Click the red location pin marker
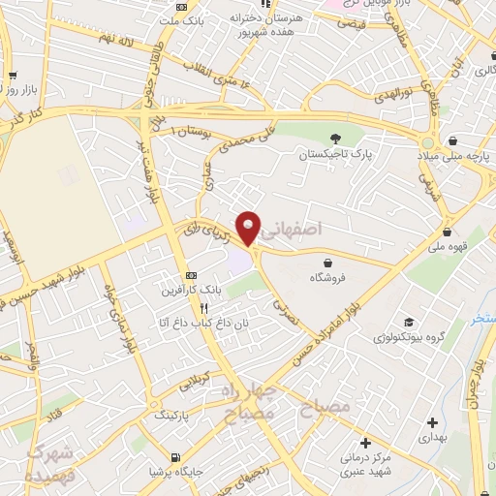tap(249, 227)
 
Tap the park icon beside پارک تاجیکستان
tap(335, 138)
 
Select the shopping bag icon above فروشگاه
tap(328, 263)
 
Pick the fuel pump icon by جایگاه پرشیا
tap(173, 457)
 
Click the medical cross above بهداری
tap(431, 421)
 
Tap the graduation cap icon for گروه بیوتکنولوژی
tap(408, 323)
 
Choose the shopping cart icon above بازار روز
tap(13, 77)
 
